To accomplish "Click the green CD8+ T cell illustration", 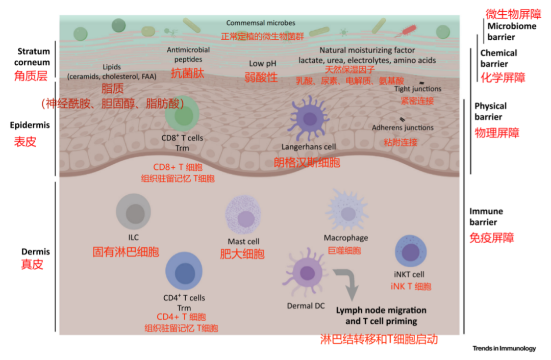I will tap(182, 114).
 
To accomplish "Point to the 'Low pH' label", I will tap(263, 64).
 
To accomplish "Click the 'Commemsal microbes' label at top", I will tap(261, 23).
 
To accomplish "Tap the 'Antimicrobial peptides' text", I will tap(188, 55).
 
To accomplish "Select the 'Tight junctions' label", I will tap(418, 89).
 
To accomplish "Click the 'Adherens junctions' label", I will tap(403, 127).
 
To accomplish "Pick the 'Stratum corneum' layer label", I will tap(34, 57).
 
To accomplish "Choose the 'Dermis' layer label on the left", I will tap(36, 252).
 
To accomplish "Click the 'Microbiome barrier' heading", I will tap(511, 32).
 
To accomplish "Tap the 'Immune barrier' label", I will tap(486, 217).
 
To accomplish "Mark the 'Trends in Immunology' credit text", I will tap(504, 348).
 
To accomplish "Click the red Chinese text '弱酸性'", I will tap(261, 77).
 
